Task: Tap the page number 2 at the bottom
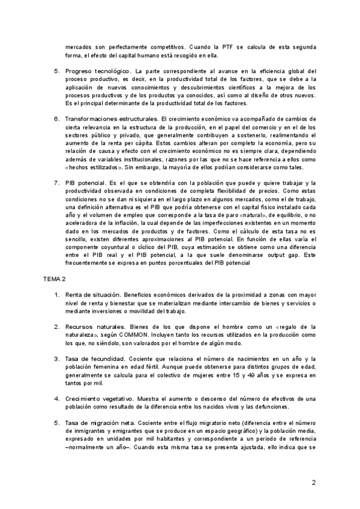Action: [x=314, y=481]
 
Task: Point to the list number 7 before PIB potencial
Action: [x=56, y=182]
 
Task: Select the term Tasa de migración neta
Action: [x=101, y=423]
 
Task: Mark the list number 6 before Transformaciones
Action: [x=56, y=119]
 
